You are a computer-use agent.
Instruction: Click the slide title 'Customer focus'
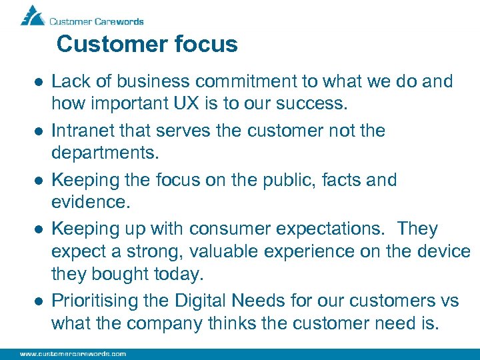[x=147, y=45]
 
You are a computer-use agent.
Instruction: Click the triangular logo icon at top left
[x=31, y=15]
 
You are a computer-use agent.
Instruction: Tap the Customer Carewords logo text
[x=97, y=21]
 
